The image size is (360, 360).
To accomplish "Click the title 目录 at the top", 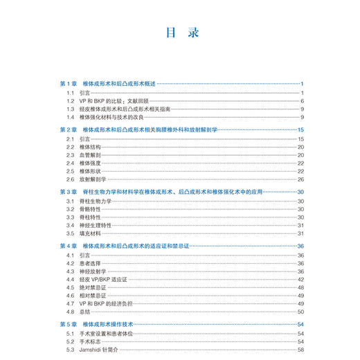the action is pos(179,32).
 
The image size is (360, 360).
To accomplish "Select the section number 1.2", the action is pos(70,101).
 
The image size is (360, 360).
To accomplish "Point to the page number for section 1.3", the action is pos(303,109).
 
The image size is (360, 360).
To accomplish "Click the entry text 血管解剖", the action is pos(90,155).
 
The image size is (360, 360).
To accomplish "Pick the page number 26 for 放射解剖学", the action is pos(301,179).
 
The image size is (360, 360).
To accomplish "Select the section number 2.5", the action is pos(70,171).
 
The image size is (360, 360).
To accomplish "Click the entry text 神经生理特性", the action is pos(95,225).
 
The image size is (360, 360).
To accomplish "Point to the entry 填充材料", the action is pos(90,233).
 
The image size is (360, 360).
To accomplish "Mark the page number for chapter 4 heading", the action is pos(301,246).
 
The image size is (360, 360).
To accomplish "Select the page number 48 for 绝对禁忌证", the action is pos(301,287).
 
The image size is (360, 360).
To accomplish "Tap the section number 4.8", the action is pos(70,312).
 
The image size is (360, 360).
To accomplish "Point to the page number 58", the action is pos(301,350).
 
